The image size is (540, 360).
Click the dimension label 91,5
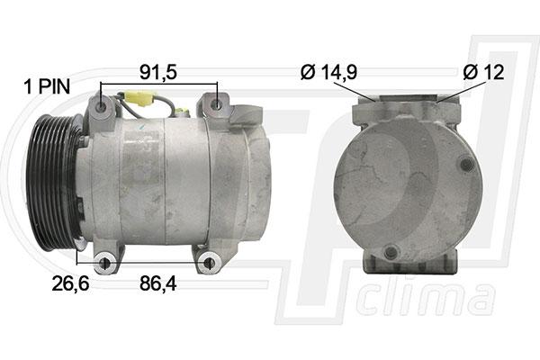[158, 72]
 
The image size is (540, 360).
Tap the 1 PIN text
[47, 86]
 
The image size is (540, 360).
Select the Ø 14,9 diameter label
[328, 72]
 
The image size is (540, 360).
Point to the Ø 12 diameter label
[483, 72]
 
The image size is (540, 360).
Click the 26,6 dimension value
[70, 283]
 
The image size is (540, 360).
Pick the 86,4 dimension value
[158, 283]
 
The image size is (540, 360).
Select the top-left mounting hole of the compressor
[101, 107]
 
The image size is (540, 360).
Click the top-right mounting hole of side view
[216, 104]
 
